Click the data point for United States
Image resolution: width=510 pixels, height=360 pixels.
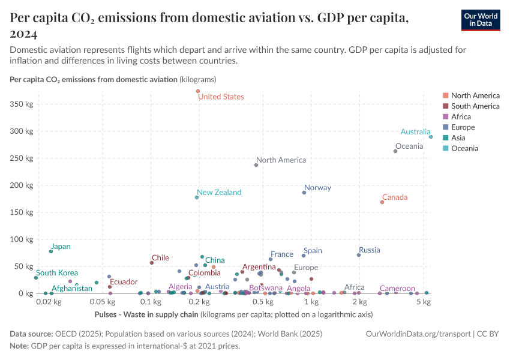(x=197, y=91)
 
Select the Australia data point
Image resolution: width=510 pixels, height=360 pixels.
(x=431, y=137)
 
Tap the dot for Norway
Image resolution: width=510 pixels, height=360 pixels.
(x=304, y=193)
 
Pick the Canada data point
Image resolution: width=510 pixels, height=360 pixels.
(x=382, y=202)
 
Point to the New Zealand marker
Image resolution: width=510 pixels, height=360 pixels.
(x=197, y=197)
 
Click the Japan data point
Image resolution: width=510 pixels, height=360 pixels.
(x=51, y=251)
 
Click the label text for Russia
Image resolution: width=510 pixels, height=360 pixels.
(x=370, y=250)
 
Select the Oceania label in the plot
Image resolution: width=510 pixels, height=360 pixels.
(x=409, y=146)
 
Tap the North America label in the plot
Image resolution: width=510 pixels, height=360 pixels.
(x=281, y=160)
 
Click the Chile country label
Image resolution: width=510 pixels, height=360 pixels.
(x=160, y=258)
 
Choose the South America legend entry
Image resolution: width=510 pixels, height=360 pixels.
(x=475, y=106)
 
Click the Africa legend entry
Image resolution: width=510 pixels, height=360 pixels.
(x=461, y=117)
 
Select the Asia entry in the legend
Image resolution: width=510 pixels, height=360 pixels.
(x=459, y=138)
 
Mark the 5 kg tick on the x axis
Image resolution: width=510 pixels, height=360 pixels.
(x=424, y=302)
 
